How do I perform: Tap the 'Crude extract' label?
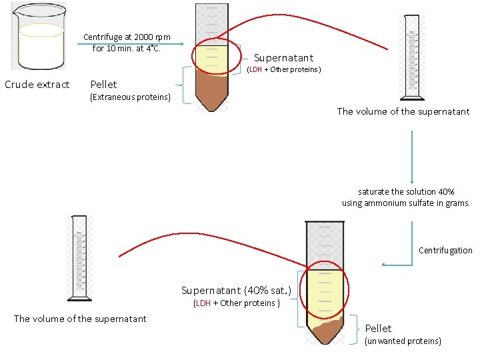click(x=37, y=85)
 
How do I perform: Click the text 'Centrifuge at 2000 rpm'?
click(x=127, y=37)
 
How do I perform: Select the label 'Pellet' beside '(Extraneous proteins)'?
click(x=103, y=85)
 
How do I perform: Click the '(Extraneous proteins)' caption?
click(x=130, y=97)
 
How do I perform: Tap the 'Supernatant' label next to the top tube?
click(x=283, y=58)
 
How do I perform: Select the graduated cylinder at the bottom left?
click(x=79, y=258)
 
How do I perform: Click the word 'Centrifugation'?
click(x=445, y=251)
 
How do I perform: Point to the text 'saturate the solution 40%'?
click(x=406, y=191)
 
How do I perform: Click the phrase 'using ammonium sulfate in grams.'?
click(x=406, y=203)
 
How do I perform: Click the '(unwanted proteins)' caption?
click(x=403, y=341)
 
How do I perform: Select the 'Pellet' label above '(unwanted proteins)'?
click(x=378, y=328)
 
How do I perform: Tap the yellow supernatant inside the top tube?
click(x=213, y=57)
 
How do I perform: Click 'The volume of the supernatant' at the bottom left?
click(x=80, y=319)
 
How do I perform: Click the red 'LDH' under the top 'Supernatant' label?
click(x=255, y=70)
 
